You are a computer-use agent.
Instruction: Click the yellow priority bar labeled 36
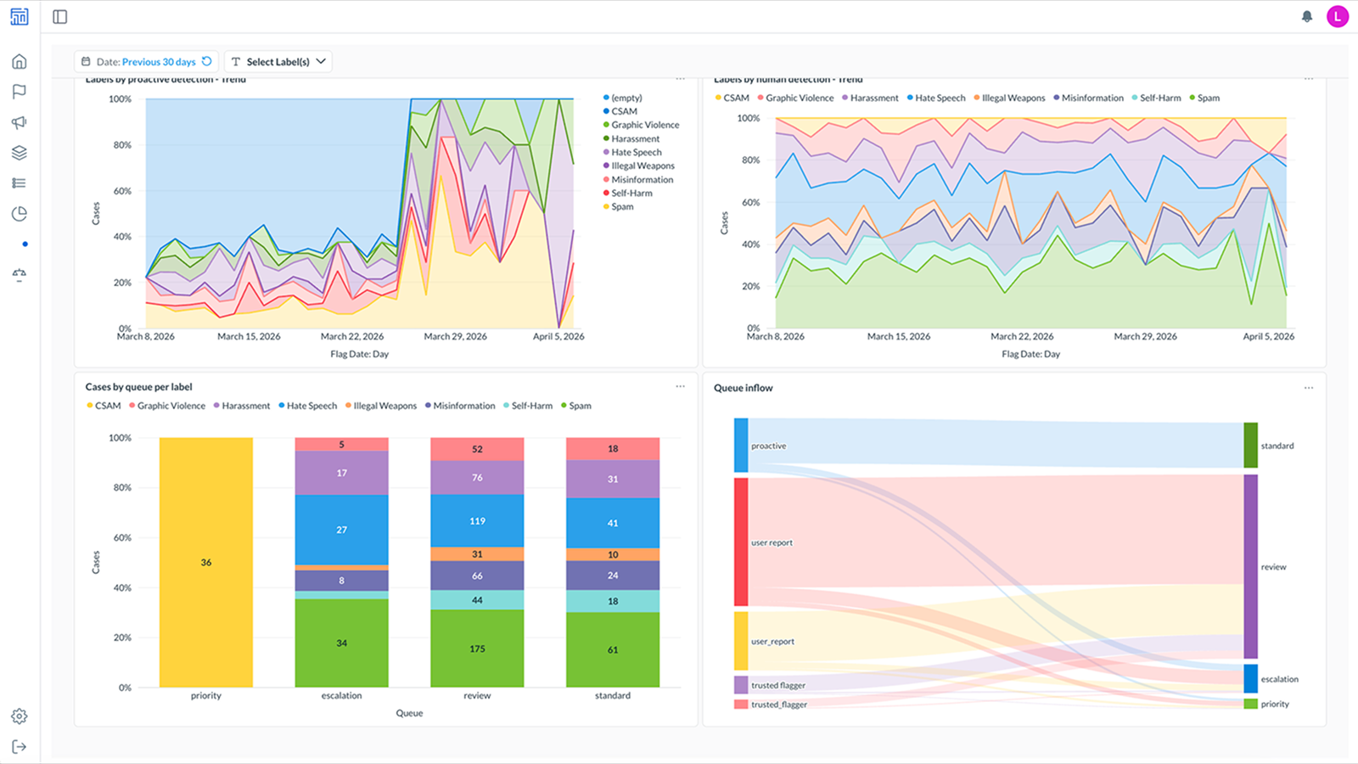[205, 562]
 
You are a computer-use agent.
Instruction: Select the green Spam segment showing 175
[477, 649]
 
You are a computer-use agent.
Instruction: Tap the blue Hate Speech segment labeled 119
[477, 520]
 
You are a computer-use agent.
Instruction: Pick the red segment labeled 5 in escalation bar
[341, 444]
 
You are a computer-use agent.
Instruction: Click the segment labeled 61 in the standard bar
[612, 649]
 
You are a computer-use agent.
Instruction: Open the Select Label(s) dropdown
[278, 62]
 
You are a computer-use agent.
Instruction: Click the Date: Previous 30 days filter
[146, 62]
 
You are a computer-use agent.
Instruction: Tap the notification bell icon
[1307, 16]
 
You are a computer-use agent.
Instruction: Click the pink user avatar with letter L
[1337, 16]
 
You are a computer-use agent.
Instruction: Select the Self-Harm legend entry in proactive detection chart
[631, 194]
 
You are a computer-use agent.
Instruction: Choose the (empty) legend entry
[626, 98]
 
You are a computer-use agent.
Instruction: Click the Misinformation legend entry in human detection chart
[1091, 98]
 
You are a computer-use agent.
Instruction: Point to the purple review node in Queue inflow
[1250, 566]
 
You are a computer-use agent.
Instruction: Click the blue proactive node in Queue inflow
[741, 446]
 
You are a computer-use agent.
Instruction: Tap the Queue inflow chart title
[743, 388]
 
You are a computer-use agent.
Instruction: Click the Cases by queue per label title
[138, 387]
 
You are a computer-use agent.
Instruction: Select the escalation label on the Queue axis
[341, 695]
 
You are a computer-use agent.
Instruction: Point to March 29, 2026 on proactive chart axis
[455, 336]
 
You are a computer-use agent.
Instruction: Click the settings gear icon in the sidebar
[20, 716]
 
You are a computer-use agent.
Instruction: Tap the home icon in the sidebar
[20, 61]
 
